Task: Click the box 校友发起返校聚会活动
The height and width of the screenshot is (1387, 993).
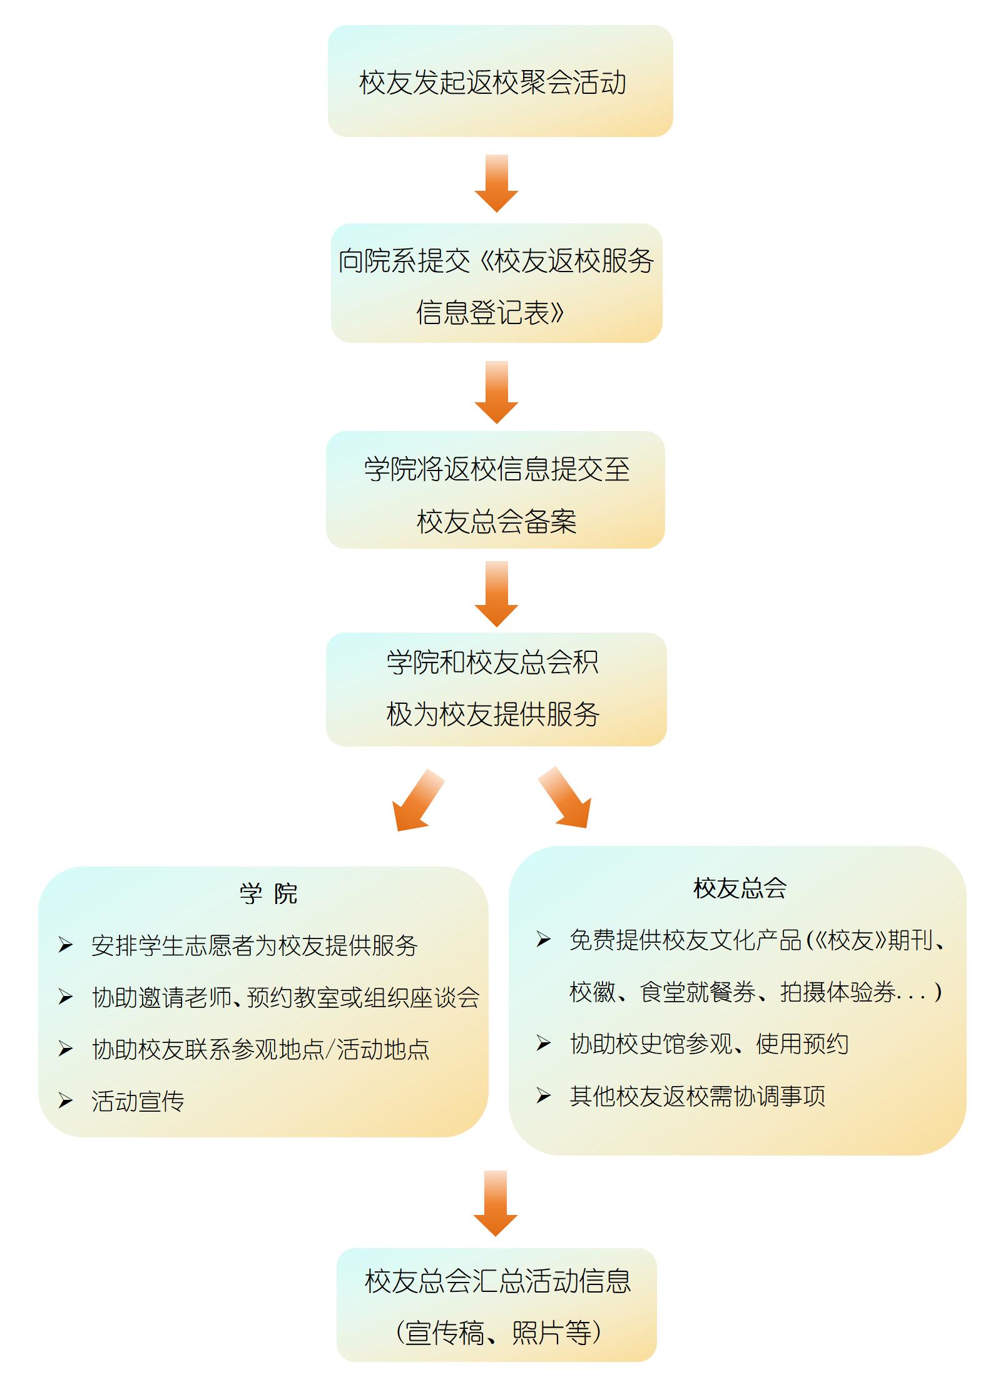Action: (x=500, y=81)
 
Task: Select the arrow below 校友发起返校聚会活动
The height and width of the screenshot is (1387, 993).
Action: (x=496, y=183)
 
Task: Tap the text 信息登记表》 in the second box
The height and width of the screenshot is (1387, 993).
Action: (x=491, y=312)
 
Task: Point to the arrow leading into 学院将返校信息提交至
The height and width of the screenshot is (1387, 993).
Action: (x=496, y=392)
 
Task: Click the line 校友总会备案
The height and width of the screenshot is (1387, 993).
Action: (x=496, y=521)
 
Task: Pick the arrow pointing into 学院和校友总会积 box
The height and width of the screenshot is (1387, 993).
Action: (x=496, y=593)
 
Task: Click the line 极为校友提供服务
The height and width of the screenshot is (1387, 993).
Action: (x=493, y=714)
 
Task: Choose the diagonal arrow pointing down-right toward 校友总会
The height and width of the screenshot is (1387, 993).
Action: (x=566, y=798)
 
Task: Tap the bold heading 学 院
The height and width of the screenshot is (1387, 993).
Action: (x=268, y=893)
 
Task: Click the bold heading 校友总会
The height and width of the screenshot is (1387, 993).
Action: (x=740, y=888)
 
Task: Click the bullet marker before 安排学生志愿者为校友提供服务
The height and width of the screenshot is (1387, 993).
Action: (x=66, y=945)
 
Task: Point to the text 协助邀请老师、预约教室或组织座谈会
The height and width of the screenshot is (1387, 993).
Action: (x=285, y=997)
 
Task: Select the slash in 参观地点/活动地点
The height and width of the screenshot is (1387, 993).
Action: (x=330, y=1049)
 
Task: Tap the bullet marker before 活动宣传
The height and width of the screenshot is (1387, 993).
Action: (x=66, y=1100)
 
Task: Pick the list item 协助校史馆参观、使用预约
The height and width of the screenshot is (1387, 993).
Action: (x=709, y=1044)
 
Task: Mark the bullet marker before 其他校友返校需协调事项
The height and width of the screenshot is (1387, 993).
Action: (x=544, y=1095)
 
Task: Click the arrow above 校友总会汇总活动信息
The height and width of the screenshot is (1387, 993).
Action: (x=496, y=1203)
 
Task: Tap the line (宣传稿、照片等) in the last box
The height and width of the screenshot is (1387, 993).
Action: (x=498, y=1333)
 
